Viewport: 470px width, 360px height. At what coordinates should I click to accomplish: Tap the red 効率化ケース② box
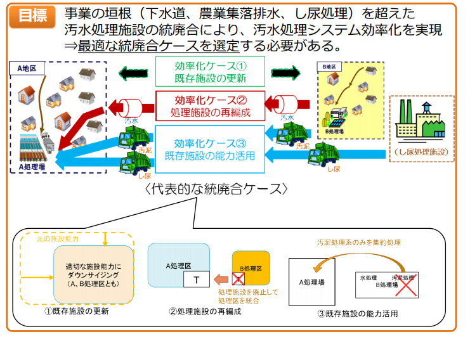(210, 106)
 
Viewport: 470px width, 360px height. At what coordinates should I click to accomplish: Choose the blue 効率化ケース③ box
(210, 149)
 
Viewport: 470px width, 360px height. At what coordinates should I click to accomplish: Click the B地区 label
(329, 67)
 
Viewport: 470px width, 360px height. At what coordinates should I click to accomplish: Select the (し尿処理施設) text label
(420, 152)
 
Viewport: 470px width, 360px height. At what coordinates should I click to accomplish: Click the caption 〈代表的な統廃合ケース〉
(216, 190)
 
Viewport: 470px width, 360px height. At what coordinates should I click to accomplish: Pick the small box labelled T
(197, 280)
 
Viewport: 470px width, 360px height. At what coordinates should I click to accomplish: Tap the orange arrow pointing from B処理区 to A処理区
(220, 279)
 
